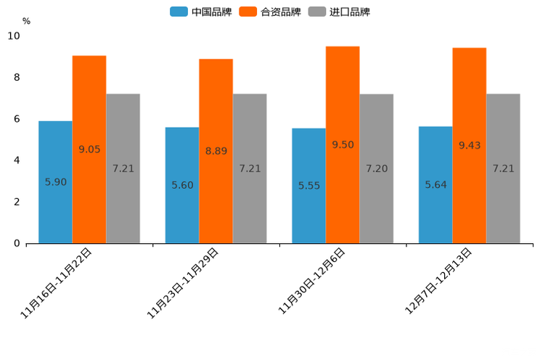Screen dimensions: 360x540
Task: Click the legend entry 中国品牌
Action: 200,12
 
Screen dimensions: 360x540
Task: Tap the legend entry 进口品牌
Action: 339,12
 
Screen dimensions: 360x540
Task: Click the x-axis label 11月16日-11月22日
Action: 57,283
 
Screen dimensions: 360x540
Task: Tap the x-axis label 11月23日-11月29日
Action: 183,283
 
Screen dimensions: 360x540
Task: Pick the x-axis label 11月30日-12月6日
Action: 312,281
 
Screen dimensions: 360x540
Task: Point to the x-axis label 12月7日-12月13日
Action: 438,281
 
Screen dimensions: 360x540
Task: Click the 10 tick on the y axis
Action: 14,36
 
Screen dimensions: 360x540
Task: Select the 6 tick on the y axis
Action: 17,119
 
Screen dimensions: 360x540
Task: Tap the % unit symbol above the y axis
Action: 26,21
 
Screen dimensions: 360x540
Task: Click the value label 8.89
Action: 216,152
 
